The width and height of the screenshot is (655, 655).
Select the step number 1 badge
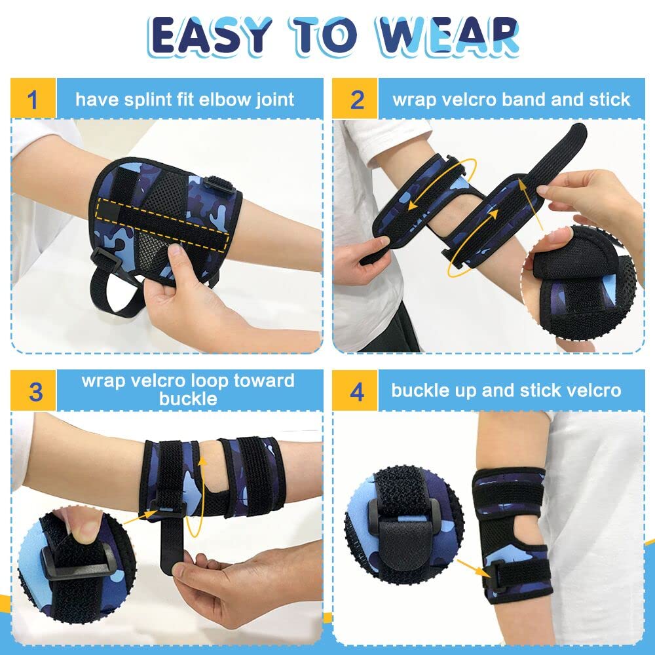(33, 99)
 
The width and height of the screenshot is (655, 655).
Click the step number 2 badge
(356, 99)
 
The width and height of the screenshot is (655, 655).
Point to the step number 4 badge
(356, 390)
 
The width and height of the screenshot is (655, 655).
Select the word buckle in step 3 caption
(188, 398)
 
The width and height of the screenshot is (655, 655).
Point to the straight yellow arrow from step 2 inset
(530, 204)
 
